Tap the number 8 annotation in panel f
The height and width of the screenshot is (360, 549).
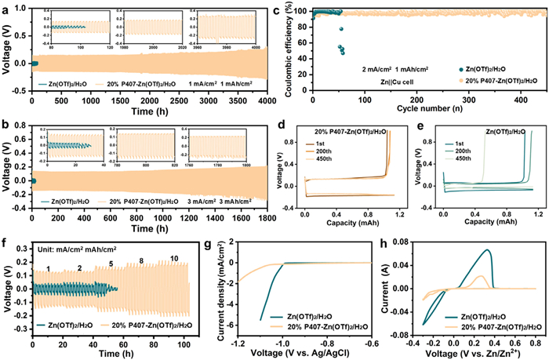coord(141,260)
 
